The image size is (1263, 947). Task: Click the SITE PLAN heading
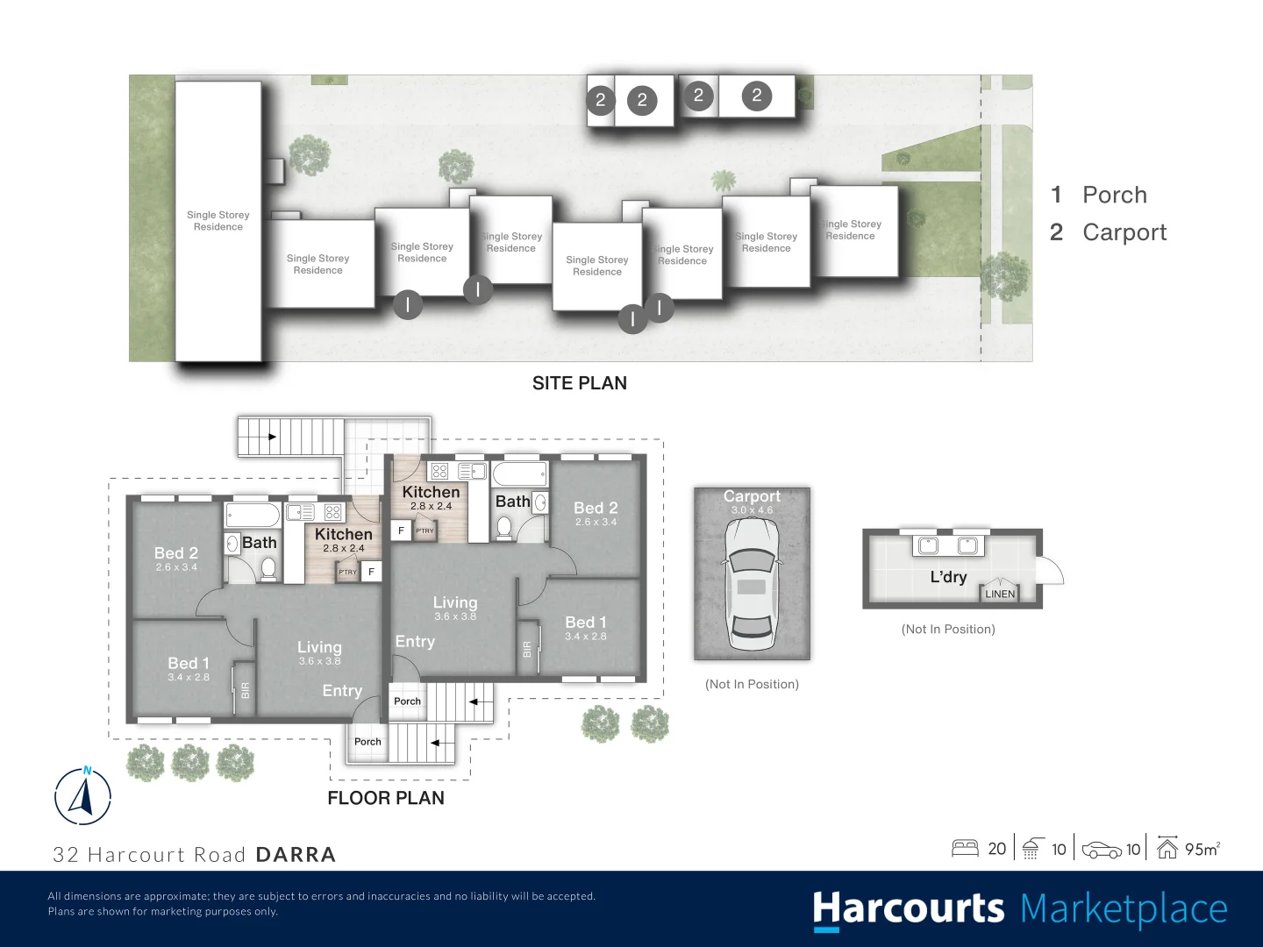pos(579,383)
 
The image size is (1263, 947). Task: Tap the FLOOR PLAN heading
pos(386,798)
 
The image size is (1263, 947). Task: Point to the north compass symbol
pos(83,796)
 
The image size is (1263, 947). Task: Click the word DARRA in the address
pos(296,855)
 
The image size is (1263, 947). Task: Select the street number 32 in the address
pos(66,855)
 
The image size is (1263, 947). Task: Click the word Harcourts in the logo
pos(908,909)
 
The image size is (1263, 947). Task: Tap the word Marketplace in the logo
pos(1124,909)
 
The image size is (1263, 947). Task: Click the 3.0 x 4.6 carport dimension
pos(752,510)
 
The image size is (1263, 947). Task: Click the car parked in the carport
pos(752,583)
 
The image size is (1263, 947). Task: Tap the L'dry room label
pos(948,577)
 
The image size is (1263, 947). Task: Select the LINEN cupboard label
pos(1000,594)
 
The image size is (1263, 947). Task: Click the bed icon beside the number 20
pos(965,849)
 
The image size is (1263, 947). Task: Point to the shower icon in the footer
pos(1031,849)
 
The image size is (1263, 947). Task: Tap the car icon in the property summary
pos(1102,850)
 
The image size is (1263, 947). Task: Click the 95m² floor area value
pos(1202,849)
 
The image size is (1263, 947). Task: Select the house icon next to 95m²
pos(1167,848)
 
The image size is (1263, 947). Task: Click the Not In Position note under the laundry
pos(948,630)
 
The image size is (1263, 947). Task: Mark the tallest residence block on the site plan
pos(218,221)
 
